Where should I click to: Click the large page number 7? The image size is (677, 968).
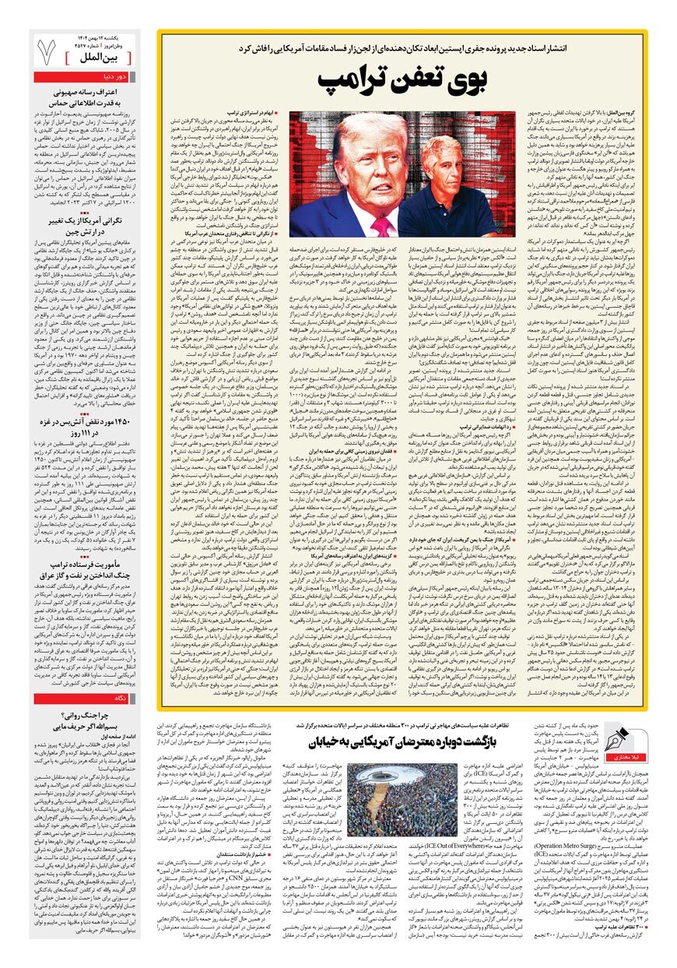46,52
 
